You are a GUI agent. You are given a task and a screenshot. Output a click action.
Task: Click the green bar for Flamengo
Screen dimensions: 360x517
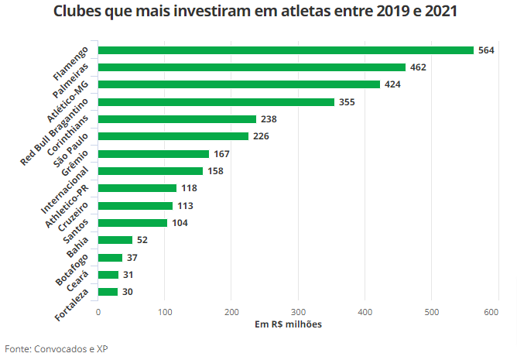(286, 50)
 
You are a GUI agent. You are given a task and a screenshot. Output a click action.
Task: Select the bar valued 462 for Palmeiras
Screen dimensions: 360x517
(252, 67)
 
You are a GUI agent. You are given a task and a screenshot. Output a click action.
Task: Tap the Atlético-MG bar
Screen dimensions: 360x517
(239, 84)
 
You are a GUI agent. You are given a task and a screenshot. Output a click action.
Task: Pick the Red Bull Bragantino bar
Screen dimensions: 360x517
(216, 102)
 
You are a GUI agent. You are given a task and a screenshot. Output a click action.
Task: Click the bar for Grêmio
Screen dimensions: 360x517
(153, 154)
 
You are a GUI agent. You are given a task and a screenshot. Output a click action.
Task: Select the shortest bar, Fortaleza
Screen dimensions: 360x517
(108, 292)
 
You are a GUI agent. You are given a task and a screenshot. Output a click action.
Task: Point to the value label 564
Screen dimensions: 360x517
(486, 50)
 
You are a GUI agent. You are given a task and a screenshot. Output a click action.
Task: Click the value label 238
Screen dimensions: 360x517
(269, 119)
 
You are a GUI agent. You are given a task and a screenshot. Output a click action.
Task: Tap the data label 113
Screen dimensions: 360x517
(185, 206)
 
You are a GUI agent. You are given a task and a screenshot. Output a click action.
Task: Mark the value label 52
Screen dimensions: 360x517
(142, 240)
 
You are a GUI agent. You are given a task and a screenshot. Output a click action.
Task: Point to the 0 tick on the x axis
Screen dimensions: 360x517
(98, 311)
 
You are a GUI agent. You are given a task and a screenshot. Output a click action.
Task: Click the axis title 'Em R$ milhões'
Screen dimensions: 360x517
(288, 324)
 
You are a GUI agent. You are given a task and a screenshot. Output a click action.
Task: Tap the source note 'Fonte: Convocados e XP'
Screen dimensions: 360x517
(56, 349)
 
